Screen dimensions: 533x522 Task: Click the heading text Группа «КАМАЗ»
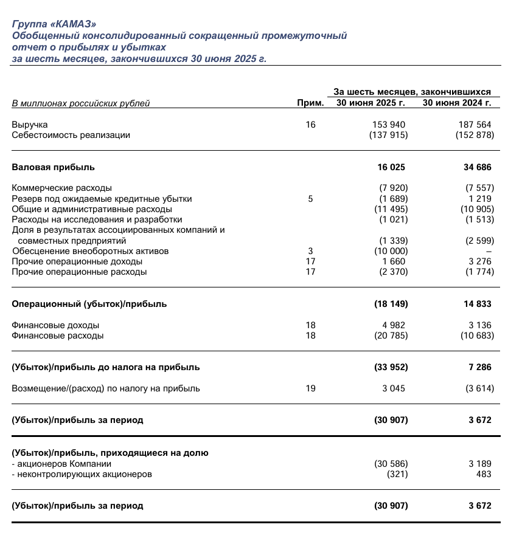[54, 24]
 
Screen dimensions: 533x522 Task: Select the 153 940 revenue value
[389, 125]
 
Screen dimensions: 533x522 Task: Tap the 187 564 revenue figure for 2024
[475, 125]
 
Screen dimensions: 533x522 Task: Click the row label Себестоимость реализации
[71, 135]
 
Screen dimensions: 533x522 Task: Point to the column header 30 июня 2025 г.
[371, 103]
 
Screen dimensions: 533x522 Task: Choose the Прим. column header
[310, 103]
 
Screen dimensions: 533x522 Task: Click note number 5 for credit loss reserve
[310, 198]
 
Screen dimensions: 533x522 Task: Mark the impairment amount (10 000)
[389, 250]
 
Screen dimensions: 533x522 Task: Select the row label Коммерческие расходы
[62, 188]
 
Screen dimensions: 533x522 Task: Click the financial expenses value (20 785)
[389, 335]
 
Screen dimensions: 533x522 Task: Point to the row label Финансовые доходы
[55, 325]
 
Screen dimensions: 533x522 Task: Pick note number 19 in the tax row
[310, 388]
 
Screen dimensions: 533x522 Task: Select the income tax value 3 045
[393, 388]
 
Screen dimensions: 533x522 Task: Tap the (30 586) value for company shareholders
[389, 463]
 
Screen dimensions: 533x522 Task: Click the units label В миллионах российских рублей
[81, 103]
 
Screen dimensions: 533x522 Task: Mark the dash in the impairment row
[489, 251]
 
